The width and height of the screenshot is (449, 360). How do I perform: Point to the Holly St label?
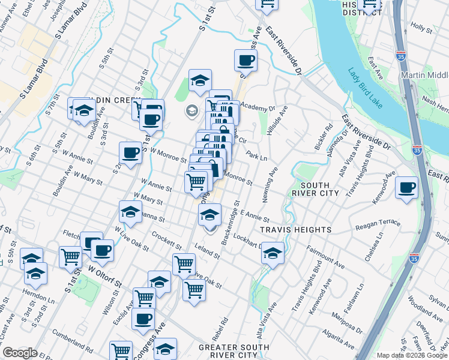[422, 28]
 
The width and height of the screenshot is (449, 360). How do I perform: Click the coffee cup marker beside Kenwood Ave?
[406, 187]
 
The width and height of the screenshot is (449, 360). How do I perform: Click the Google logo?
[20, 353]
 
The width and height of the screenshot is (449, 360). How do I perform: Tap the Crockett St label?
[167, 241]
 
